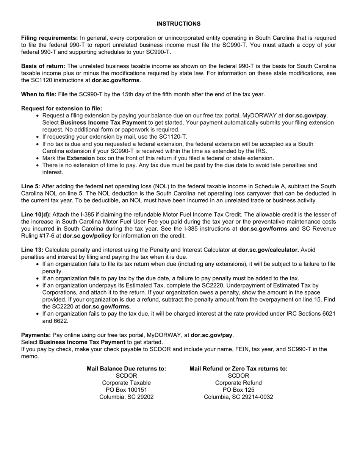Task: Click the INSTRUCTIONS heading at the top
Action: [178, 24]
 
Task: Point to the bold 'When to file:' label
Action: [39, 94]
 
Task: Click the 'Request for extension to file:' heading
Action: [62, 108]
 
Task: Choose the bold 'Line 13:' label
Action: [32, 250]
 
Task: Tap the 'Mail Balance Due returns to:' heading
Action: [127, 369]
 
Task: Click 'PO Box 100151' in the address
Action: [127, 390]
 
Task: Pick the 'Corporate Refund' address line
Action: [238, 383]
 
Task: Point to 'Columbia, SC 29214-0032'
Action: [238, 397]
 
